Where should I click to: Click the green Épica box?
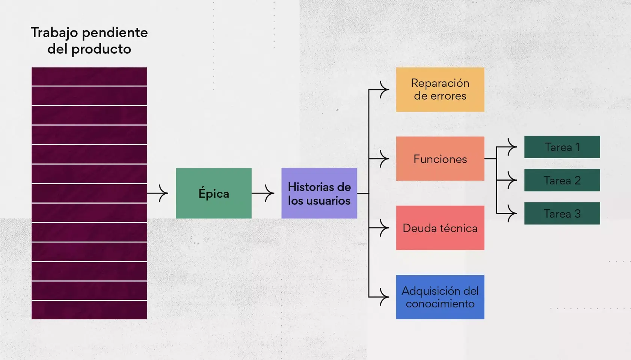tap(213, 193)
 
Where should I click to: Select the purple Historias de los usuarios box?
tap(319, 193)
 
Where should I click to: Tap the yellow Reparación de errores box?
tap(440, 89)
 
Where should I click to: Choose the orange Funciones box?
tap(440, 159)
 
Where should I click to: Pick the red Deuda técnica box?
tap(440, 228)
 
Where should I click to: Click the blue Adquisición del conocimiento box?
tap(440, 297)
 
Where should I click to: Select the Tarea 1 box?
tap(562, 147)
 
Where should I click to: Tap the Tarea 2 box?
tap(562, 180)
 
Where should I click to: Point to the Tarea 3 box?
tap(562, 213)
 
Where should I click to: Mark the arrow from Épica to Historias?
tap(264, 193)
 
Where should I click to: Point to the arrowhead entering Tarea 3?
tap(512, 213)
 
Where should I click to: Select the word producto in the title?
tap(101, 49)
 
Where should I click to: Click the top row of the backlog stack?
tap(89, 76)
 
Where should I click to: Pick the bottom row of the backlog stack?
tap(89, 310)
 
